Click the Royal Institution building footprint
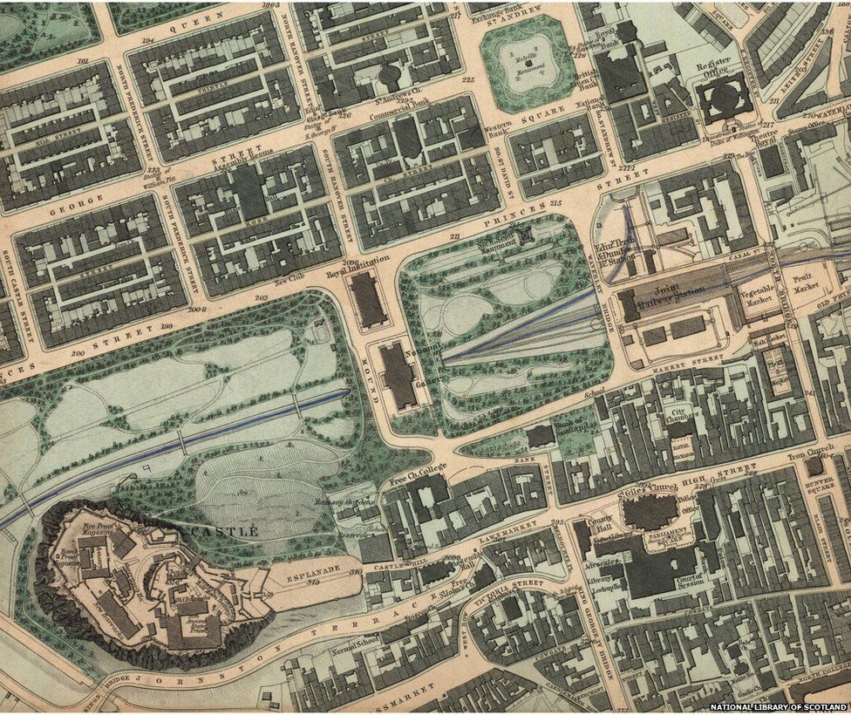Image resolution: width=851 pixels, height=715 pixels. [x=367, y=299]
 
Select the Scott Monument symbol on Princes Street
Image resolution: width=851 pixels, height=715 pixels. [x=524, y=235]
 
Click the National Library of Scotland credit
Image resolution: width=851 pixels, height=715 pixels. [x=778, y=706]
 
